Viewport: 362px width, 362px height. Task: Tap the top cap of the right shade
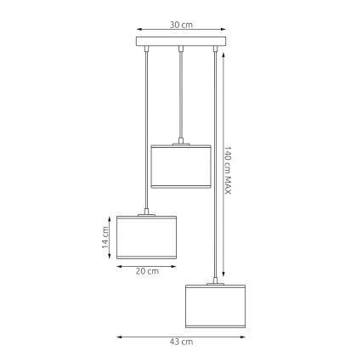(212, 282)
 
